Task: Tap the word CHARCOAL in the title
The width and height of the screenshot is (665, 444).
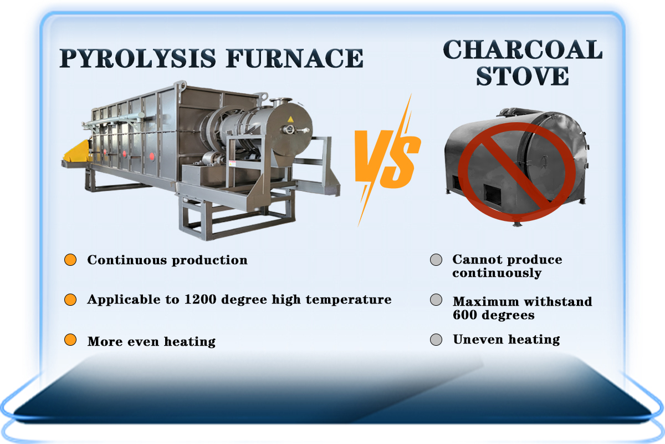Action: point(523,51)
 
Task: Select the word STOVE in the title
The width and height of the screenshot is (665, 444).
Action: point(523,76)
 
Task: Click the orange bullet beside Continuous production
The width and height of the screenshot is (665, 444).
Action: point(70,260)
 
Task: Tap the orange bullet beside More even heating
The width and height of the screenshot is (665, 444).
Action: point(70,340)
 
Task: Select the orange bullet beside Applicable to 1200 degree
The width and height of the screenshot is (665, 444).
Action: point(70,300)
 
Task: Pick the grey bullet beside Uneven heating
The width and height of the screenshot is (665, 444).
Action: point(436,340)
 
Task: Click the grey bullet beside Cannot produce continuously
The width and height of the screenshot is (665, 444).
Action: point(436,260)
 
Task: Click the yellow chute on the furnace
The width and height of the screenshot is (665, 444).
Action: point(76,153)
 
